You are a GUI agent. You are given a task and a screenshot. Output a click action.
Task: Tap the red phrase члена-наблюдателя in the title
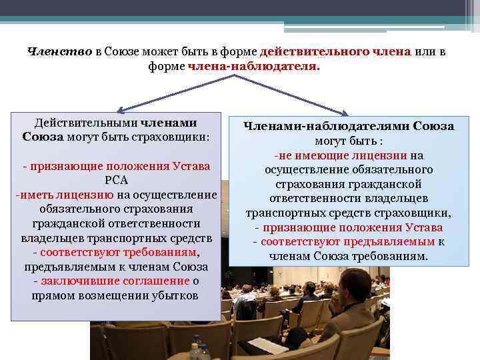coord(253,67)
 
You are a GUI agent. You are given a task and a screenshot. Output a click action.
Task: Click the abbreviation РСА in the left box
coord(116,180)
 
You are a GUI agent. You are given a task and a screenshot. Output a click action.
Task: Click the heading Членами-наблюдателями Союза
coord(348,125)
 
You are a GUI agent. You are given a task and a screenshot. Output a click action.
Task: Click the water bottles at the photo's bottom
coord(199,351)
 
